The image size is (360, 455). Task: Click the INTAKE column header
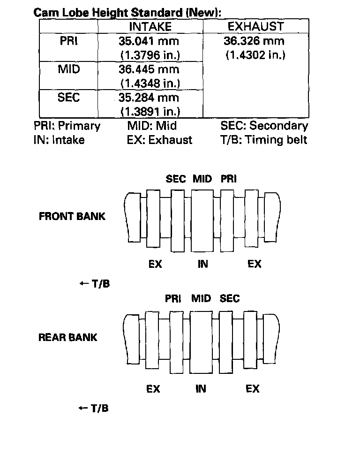click(x=150, y=27)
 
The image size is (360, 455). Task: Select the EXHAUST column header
click(x=255, y=26)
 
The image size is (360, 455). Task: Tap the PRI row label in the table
click(x=68, y=41)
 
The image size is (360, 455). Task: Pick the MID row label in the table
click(x=68, y=69)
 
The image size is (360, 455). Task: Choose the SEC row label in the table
click(x=68, y=98)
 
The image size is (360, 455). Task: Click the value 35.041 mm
click(x=149, y=41)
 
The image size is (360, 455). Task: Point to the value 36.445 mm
click(x=149, y=69)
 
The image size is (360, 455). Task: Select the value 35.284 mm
click(x=149, y=98)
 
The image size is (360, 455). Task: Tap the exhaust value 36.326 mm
click(x=254, y=41)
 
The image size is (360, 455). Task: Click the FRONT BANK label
click(x=72, y=217)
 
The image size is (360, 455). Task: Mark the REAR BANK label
click(x=67, y=338)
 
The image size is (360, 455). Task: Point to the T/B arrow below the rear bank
click(x=93, y=409)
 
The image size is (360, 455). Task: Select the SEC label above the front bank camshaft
click(x=176, y=179)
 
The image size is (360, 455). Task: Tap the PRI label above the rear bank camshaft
click(x=173, y=299)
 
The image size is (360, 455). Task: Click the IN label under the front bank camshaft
click(x=202, y=265)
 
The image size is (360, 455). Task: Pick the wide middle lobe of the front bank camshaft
click(x=202, y=220)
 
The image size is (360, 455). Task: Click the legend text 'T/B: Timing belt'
click(x=264, y=140)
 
